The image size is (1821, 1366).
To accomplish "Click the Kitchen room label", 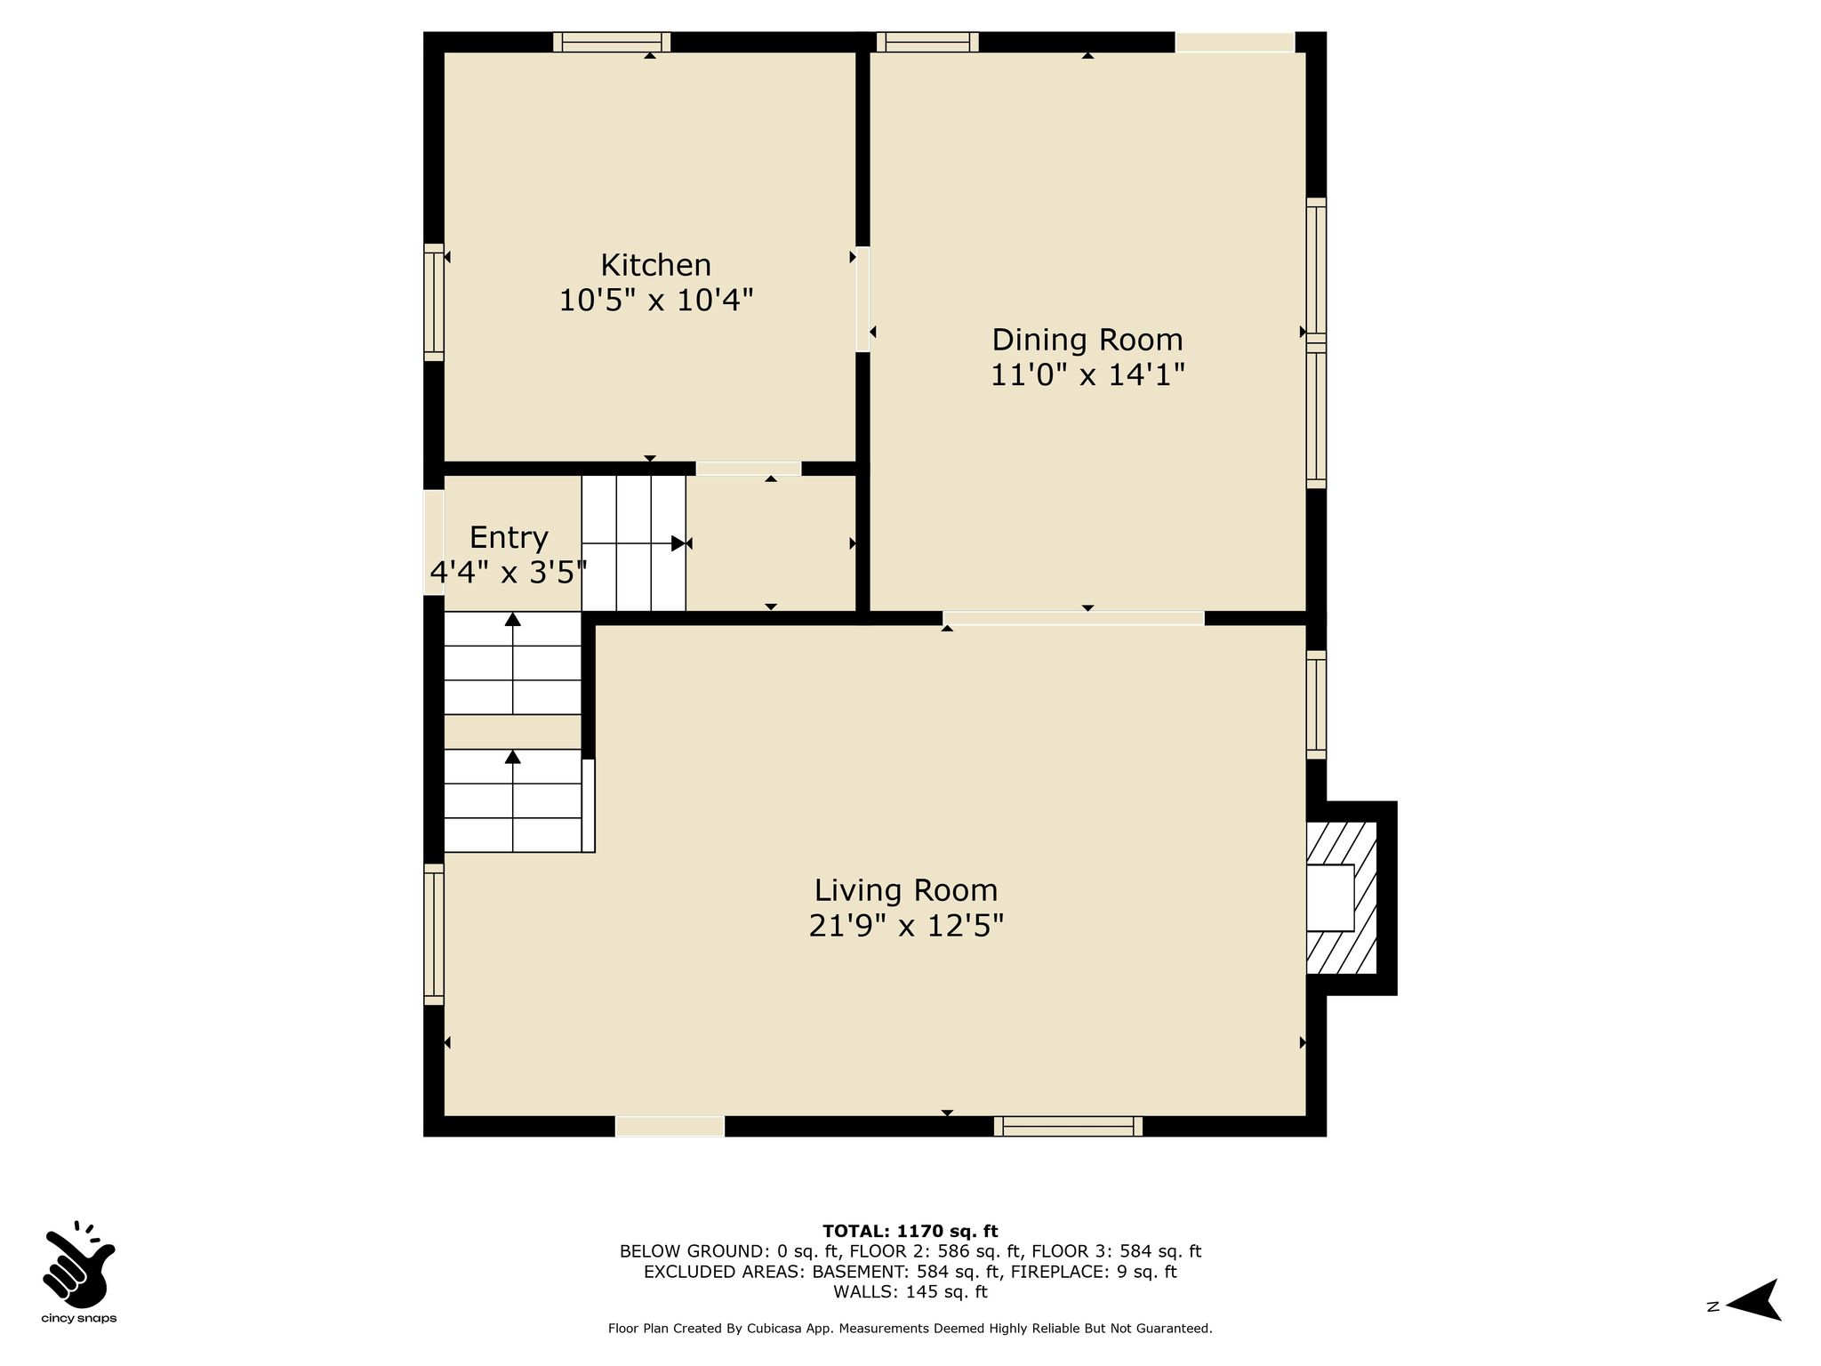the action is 656,265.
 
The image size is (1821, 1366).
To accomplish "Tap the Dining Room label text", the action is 1087,340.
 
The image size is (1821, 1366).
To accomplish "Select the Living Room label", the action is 906,890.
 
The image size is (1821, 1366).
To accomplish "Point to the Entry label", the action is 509,537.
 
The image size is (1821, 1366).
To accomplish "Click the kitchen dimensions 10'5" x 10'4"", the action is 656,301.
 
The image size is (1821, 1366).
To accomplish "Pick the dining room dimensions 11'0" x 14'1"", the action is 1088,375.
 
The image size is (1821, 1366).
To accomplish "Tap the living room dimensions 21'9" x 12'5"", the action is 906,926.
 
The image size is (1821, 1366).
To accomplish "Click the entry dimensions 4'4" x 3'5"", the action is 509,572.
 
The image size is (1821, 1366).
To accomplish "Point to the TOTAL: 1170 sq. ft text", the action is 910,1231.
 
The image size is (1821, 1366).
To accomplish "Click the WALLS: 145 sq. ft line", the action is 910,1291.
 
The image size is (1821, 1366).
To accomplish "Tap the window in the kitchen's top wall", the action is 612,42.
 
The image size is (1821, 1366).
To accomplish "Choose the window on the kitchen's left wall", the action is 433,302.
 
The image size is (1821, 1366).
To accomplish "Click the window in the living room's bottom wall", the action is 1068,1126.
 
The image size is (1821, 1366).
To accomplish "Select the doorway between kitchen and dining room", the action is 862,299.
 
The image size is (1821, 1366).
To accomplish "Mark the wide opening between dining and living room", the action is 1074,618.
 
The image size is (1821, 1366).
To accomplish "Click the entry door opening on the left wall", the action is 433,542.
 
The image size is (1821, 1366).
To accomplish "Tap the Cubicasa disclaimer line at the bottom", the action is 910,1329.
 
